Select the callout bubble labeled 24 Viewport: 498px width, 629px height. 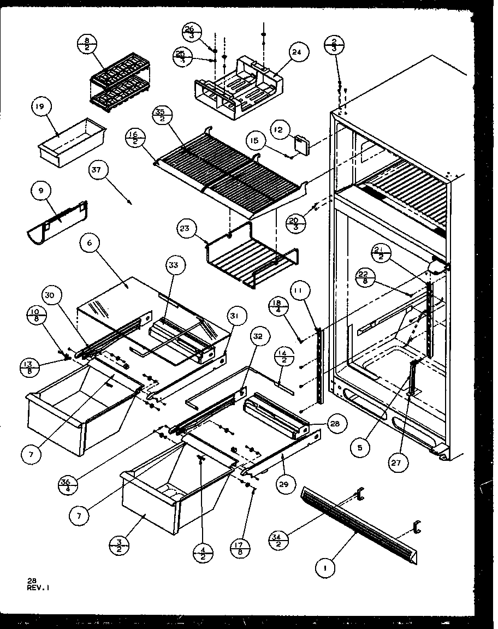tap(297, 52)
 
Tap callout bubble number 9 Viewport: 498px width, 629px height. tap(41, 192)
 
